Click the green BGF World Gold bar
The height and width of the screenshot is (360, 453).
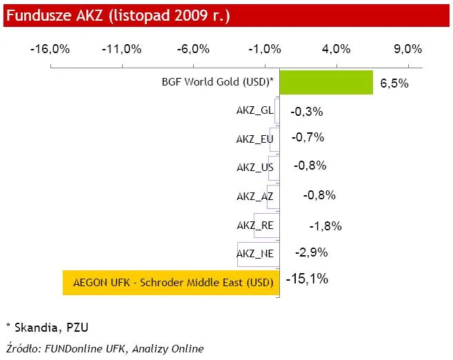pyautogui.click(x=326, y=82)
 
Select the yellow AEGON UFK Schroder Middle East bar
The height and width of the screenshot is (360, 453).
pyautogui.click(x=170, y=282)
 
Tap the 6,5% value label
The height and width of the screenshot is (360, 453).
pyautogui.click(x=394, y=84)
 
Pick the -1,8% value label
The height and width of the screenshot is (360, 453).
pyautogui.click(x=325, y=226)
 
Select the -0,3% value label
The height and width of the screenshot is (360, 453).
pyautogui.click(x=307, y=111)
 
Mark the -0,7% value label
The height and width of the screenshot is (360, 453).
pyautogui.click(x=308, y=137)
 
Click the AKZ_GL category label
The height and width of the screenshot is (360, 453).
pyautogui.click(x=254, y=110)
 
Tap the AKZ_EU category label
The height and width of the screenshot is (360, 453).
pyautogui.click(x=254, y=139)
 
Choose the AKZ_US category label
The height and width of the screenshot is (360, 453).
pyautogui.click(x=254, y=167)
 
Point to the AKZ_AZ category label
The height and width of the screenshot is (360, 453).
pyautogui.click(x=254, y=196)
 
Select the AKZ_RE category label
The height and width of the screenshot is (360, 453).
pyautogui.click(x=254, y=225)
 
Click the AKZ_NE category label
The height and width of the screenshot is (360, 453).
pyautogui.click(x=254, y=253)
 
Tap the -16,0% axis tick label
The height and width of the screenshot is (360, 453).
pyautogui.click(x=50, y=49)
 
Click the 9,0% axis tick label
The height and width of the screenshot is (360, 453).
pyautogui.click(x=407, y=49)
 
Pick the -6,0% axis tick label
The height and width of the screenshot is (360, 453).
pyautogui.click(x=193, y=49)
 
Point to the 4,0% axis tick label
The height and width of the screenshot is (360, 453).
pyautogui.click(x=336, y=49)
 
